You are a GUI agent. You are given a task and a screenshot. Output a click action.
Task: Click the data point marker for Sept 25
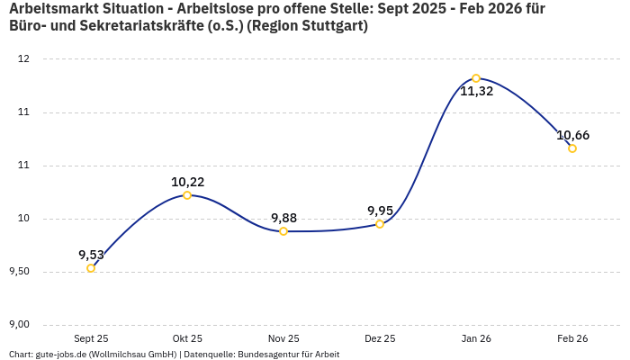(91, 268)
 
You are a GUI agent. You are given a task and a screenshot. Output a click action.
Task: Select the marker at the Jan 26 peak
(476, 78)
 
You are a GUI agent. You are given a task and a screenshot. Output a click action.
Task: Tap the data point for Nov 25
(283, 231)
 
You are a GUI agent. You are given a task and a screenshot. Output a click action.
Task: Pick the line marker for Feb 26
(572, 148)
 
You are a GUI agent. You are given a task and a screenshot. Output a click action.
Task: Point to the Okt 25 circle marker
(187, 195)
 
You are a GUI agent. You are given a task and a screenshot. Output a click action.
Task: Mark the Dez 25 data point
(380, 224)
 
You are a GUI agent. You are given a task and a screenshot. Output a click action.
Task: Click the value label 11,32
(476, 92)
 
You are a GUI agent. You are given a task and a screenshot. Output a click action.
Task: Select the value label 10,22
(187, 182)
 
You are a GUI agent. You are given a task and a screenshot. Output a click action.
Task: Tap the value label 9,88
(283, 218)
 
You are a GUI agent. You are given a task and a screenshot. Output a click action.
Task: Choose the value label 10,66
(572, 135)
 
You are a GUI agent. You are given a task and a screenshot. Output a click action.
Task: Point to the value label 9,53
(91, 255)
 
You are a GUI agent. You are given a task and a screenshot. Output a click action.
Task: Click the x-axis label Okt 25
(187, 338)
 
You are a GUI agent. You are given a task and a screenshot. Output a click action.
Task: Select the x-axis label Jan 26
(476, 338)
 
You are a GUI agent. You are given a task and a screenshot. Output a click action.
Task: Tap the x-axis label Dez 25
(380, 338)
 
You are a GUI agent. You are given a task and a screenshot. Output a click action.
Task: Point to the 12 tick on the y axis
(23, 59)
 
